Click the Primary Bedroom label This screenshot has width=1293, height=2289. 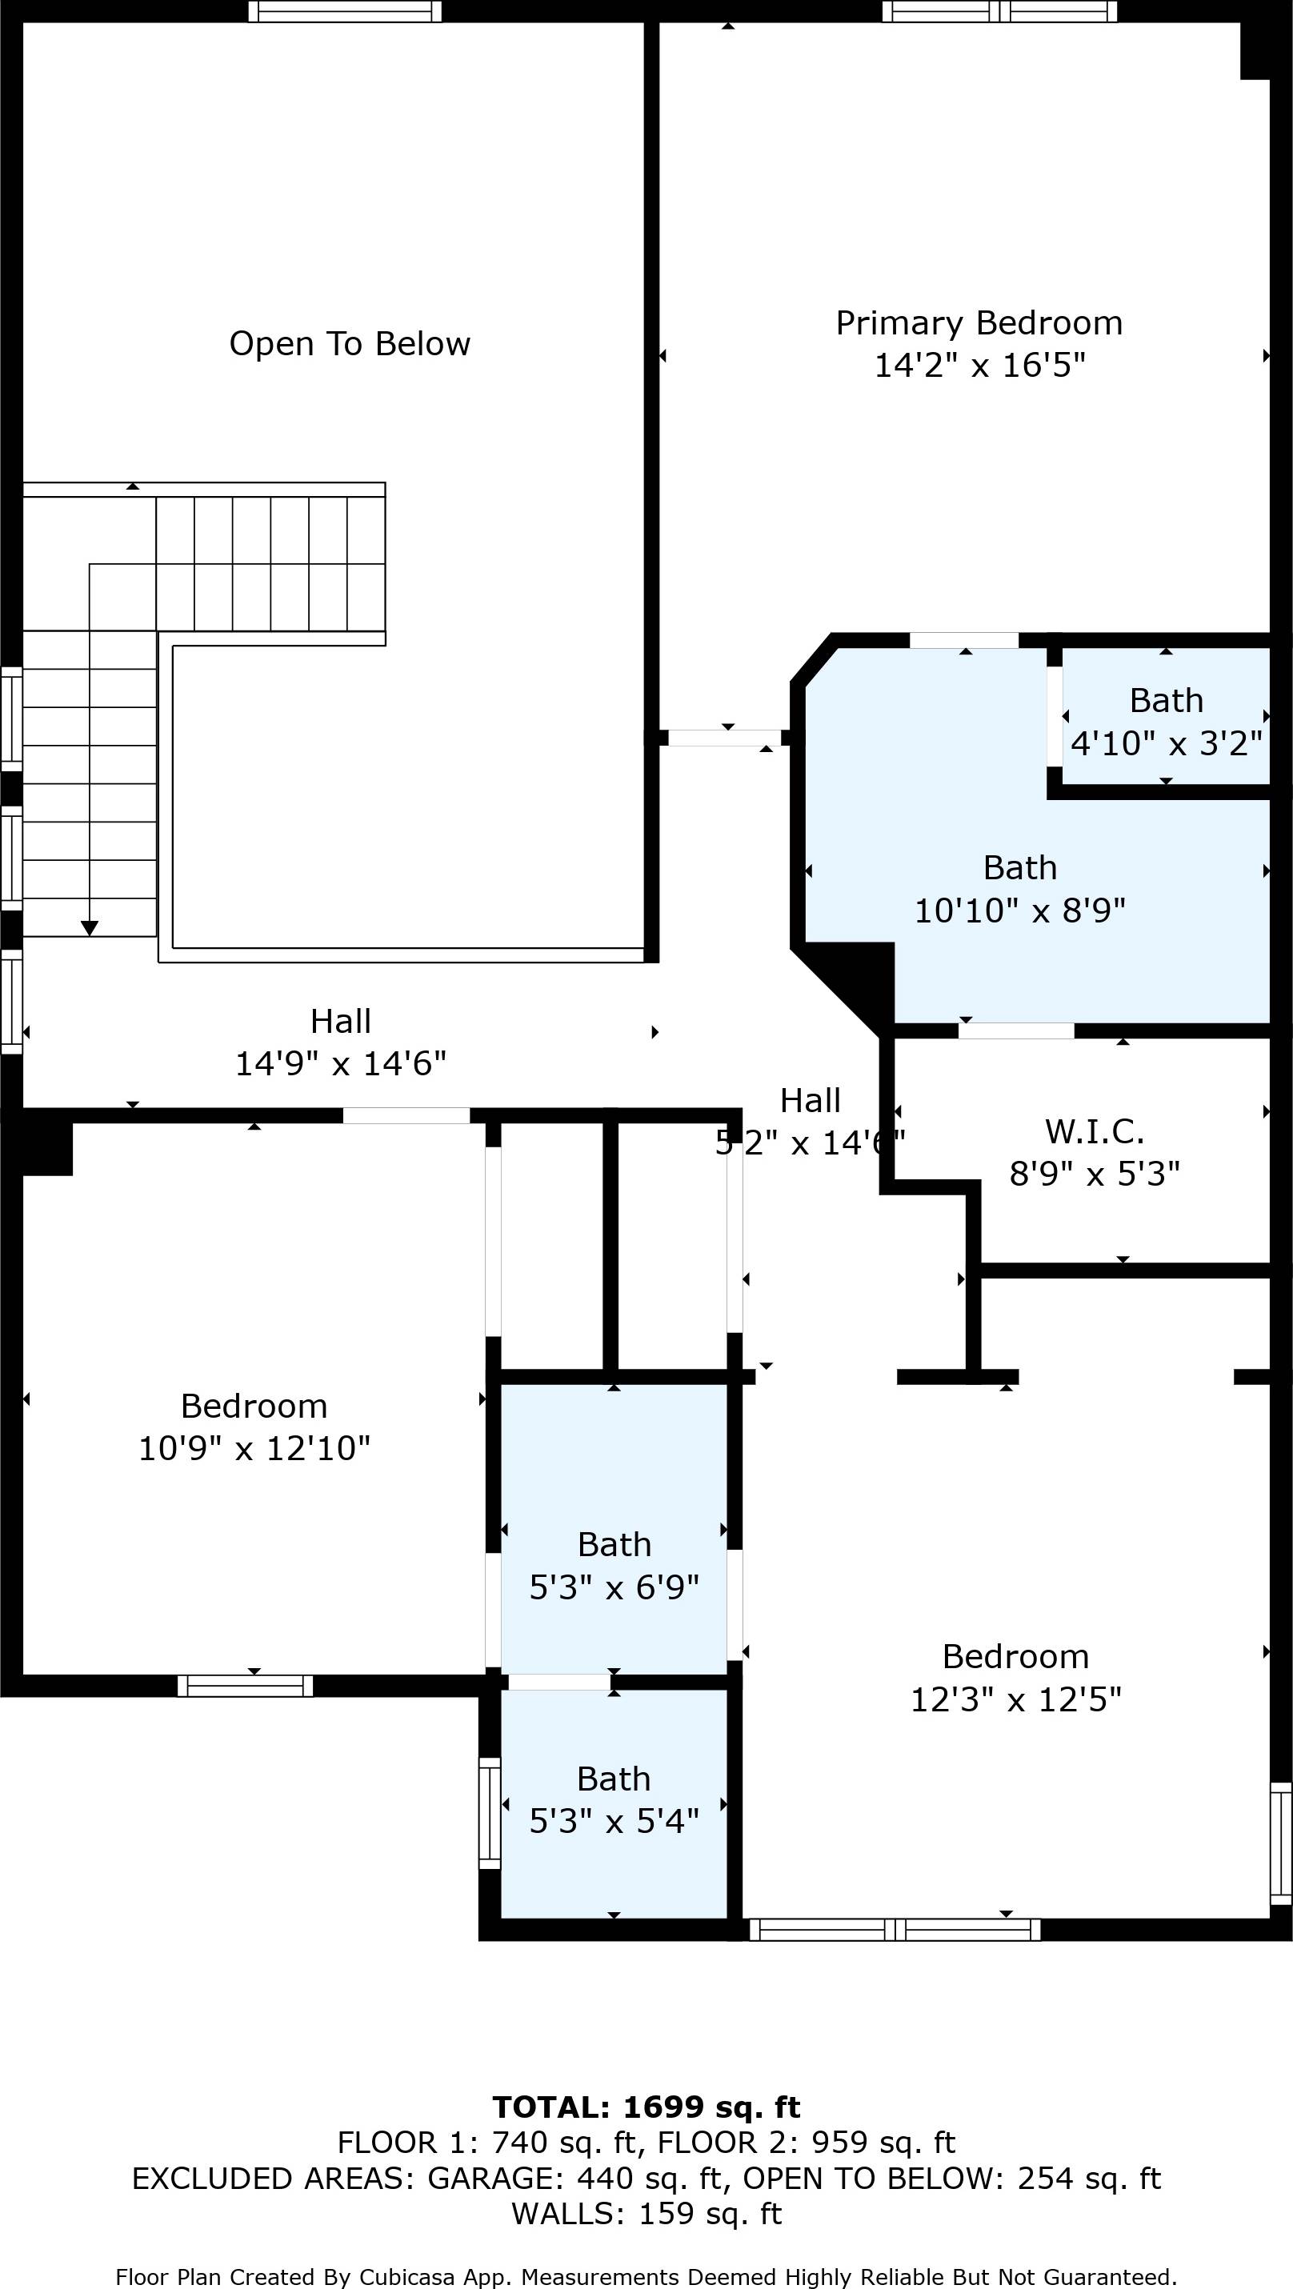point(979,323)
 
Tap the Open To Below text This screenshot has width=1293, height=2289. point(349,344)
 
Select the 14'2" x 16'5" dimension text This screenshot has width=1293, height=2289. point(979,365)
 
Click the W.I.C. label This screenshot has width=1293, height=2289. point(1094,1132)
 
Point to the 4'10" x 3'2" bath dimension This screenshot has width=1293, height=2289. point(1166,742)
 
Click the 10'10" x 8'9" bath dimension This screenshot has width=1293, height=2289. point(1019,910)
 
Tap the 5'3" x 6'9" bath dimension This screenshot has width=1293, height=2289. point(614,1587)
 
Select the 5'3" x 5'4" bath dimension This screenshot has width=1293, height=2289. point(614,1822)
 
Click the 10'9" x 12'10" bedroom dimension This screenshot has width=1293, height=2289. point(254,1448)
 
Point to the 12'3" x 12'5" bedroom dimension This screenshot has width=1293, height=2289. point(1015,1700)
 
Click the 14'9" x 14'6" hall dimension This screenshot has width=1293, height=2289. point(340,1063)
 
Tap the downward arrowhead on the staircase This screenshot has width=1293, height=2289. point(89,929)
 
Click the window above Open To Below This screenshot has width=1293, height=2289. point(345,11)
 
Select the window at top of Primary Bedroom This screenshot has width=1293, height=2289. point(999,11)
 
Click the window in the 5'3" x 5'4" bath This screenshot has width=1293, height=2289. point(490,1813)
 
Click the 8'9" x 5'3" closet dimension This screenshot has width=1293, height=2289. point(1094,1175)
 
